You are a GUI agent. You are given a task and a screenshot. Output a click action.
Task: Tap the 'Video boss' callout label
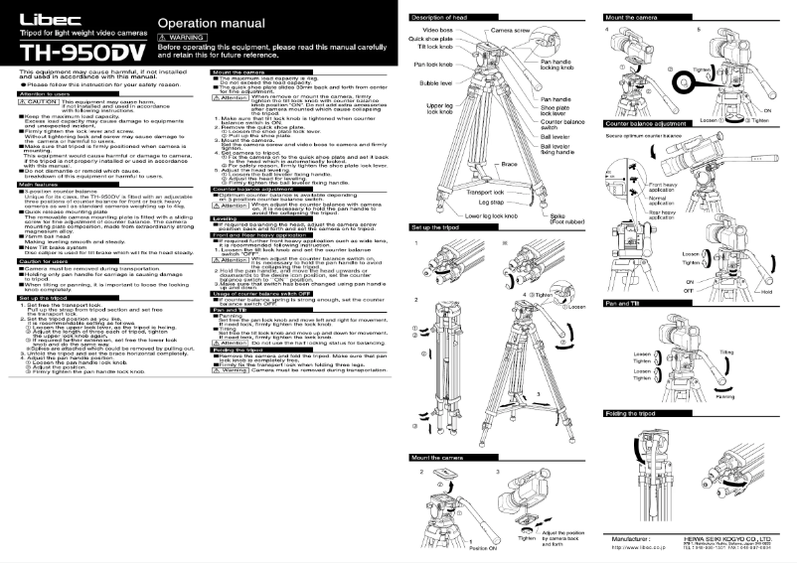click(x=437, y=31)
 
